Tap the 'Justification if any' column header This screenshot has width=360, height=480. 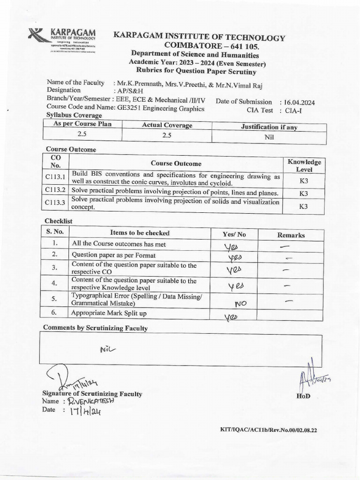[269, 127]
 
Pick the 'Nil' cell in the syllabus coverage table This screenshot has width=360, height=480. [269, 137]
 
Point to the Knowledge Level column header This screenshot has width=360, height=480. [304, 165]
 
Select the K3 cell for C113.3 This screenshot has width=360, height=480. [304, 206]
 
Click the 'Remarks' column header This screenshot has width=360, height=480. [291, 235]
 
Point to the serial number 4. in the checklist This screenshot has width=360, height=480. [54, 283]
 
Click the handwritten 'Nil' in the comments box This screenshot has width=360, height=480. [107, 349]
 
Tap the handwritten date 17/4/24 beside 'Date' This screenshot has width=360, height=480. [85, 411]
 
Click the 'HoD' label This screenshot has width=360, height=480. [303, 396]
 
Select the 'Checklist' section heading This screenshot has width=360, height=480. [59, 221]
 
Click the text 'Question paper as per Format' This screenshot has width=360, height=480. [113, 255]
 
